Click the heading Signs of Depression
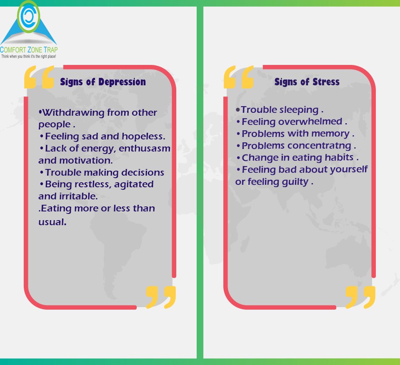[103, 82]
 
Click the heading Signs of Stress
[307, 82]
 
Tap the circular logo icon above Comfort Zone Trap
[29, 17]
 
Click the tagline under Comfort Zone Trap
[28, 56]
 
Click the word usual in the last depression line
[52, 222]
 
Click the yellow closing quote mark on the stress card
[360, 297]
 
